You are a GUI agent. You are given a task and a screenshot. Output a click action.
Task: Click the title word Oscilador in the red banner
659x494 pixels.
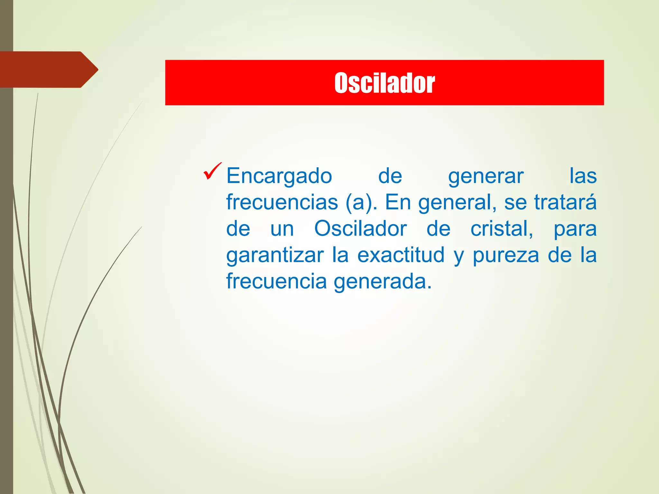click(385, 83)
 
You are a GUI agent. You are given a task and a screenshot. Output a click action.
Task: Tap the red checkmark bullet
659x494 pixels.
click(212, 171)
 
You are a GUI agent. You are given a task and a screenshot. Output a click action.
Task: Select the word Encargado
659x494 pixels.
click(279, 176)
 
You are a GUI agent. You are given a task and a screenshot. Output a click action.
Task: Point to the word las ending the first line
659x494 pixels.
click(583, 176)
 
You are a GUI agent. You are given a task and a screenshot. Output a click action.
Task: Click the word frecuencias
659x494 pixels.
click(282, 202)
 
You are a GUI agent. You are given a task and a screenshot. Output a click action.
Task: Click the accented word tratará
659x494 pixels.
click(565, 202)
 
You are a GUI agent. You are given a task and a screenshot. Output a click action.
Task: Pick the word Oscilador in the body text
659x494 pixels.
click(360, 229)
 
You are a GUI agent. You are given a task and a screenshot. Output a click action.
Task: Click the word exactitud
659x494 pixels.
click(401, 255)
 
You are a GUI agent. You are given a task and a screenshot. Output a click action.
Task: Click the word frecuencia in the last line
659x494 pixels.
click(276, 281)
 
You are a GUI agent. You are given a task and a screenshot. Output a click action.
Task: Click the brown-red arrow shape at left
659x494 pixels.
click(48, 69)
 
